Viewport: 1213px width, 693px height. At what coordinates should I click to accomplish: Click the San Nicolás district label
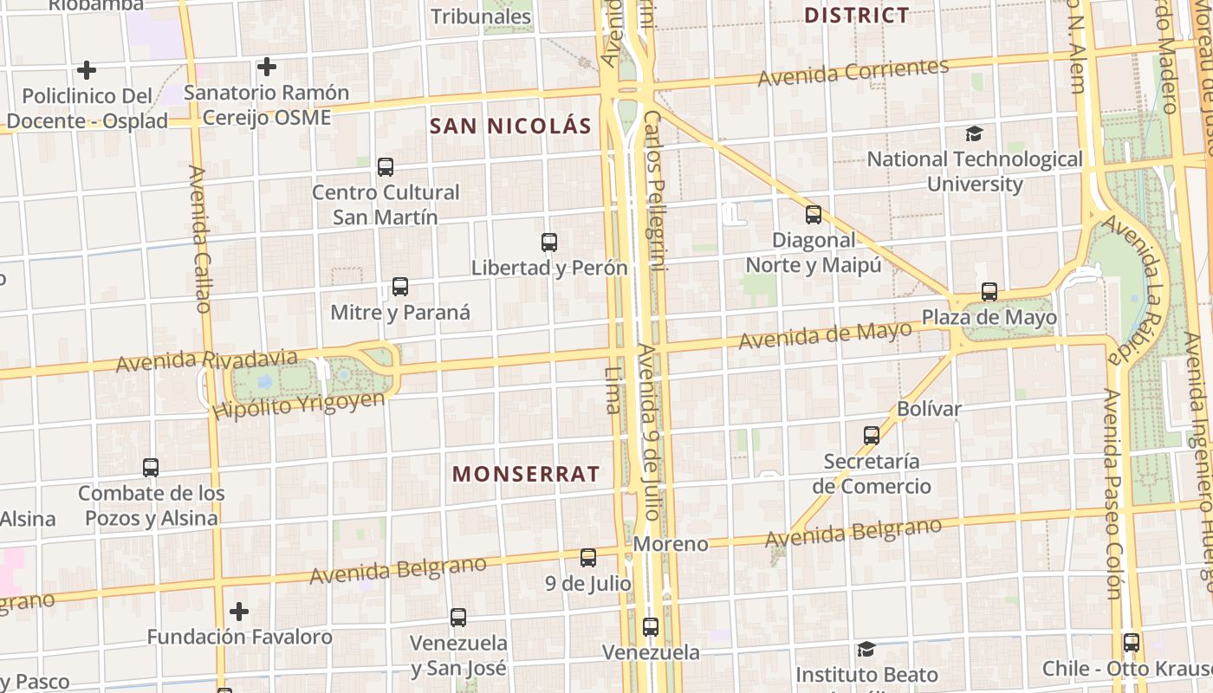[x=510, y=126]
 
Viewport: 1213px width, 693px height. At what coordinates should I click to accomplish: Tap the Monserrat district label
[x=526, y=474]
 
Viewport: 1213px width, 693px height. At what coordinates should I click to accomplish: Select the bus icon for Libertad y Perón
[x=548, y=242]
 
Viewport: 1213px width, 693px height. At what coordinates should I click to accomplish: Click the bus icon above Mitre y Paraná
[x=399, y=286]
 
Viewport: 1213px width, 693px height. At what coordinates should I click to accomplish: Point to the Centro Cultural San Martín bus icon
[x=386, y=166]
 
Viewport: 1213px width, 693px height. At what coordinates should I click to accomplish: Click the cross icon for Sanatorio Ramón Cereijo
[x=267, y=66]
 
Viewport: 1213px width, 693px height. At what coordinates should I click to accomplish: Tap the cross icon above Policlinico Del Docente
[x=87, y=69]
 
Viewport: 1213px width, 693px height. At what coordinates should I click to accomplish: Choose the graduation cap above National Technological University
[x=975, y=133]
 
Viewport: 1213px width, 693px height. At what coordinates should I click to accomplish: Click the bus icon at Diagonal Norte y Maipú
[x=813, y=214]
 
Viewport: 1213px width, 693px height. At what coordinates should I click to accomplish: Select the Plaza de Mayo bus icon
[x=989, y=291]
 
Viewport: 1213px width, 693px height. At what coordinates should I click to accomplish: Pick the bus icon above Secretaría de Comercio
[x=872, y=435]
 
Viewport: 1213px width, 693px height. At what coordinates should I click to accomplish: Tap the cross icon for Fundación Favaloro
[x=239, y=612]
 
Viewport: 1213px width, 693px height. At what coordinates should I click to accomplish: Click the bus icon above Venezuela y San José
[x=458, y=617]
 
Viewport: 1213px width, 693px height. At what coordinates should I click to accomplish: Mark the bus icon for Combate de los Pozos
[x=151, y=468]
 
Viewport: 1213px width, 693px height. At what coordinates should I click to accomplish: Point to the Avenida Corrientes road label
[x=853, y=72]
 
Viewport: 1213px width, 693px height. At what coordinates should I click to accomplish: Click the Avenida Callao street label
[x=199, y=239]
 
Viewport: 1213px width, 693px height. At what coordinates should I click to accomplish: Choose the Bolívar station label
[x=930, y=408]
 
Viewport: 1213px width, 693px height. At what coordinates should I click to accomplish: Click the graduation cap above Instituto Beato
[x=866, y=649]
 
